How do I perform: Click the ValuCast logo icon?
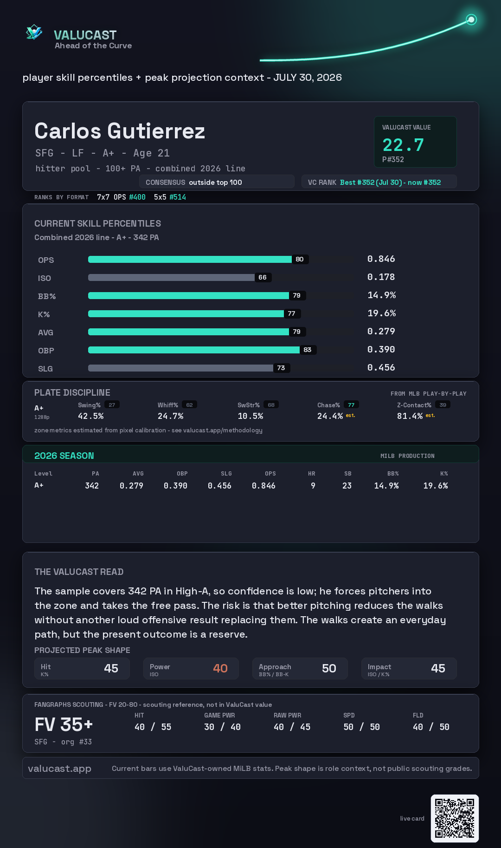coord(34,32)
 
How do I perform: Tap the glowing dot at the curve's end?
coord(471,20)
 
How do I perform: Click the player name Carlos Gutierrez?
coord(120,131)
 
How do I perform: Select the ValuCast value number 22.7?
coord(403,145)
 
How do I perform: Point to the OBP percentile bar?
coord(194,350)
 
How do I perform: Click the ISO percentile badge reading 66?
coord(263,277)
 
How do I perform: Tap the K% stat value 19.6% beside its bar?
coord(382,313)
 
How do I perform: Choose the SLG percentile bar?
coord(180,368)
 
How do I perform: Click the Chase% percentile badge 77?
coord(351,405)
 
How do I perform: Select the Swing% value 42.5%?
coord(91,416)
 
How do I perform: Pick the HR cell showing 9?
coord(313,486)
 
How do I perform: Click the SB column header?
coord(348,474)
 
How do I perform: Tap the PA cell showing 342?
coord(92,486)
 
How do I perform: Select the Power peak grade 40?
coord(220,668)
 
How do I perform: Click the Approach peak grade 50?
coord(329,668)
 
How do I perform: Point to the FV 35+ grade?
coord(64,724)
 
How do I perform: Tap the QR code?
coord(455,818)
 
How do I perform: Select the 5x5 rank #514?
coord(178,197)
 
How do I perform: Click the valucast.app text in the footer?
coord(59,769)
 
